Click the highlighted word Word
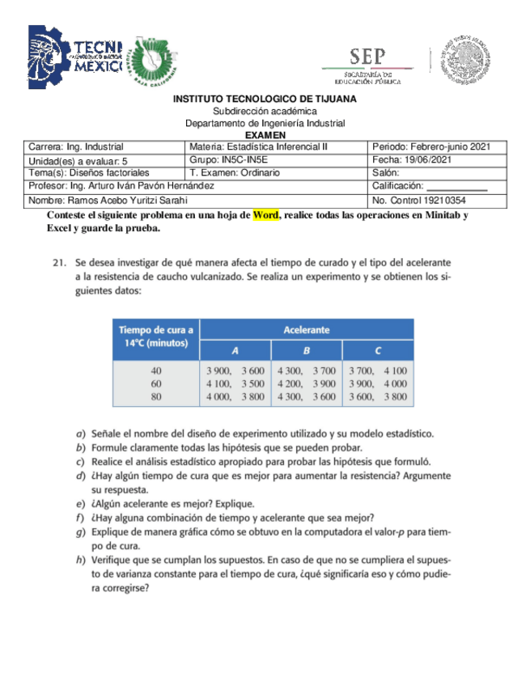click(266, 216)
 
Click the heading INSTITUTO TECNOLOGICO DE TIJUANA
click(265, 99)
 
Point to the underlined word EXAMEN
click(265, 135)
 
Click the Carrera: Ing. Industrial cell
click(105, 147)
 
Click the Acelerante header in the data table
click(306, 330)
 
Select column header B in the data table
click(306, 350)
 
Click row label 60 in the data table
click(156, 383)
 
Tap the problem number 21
click(57, 263)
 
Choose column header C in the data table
click(378, 350)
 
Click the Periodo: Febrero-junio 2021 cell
click(438, 147)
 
